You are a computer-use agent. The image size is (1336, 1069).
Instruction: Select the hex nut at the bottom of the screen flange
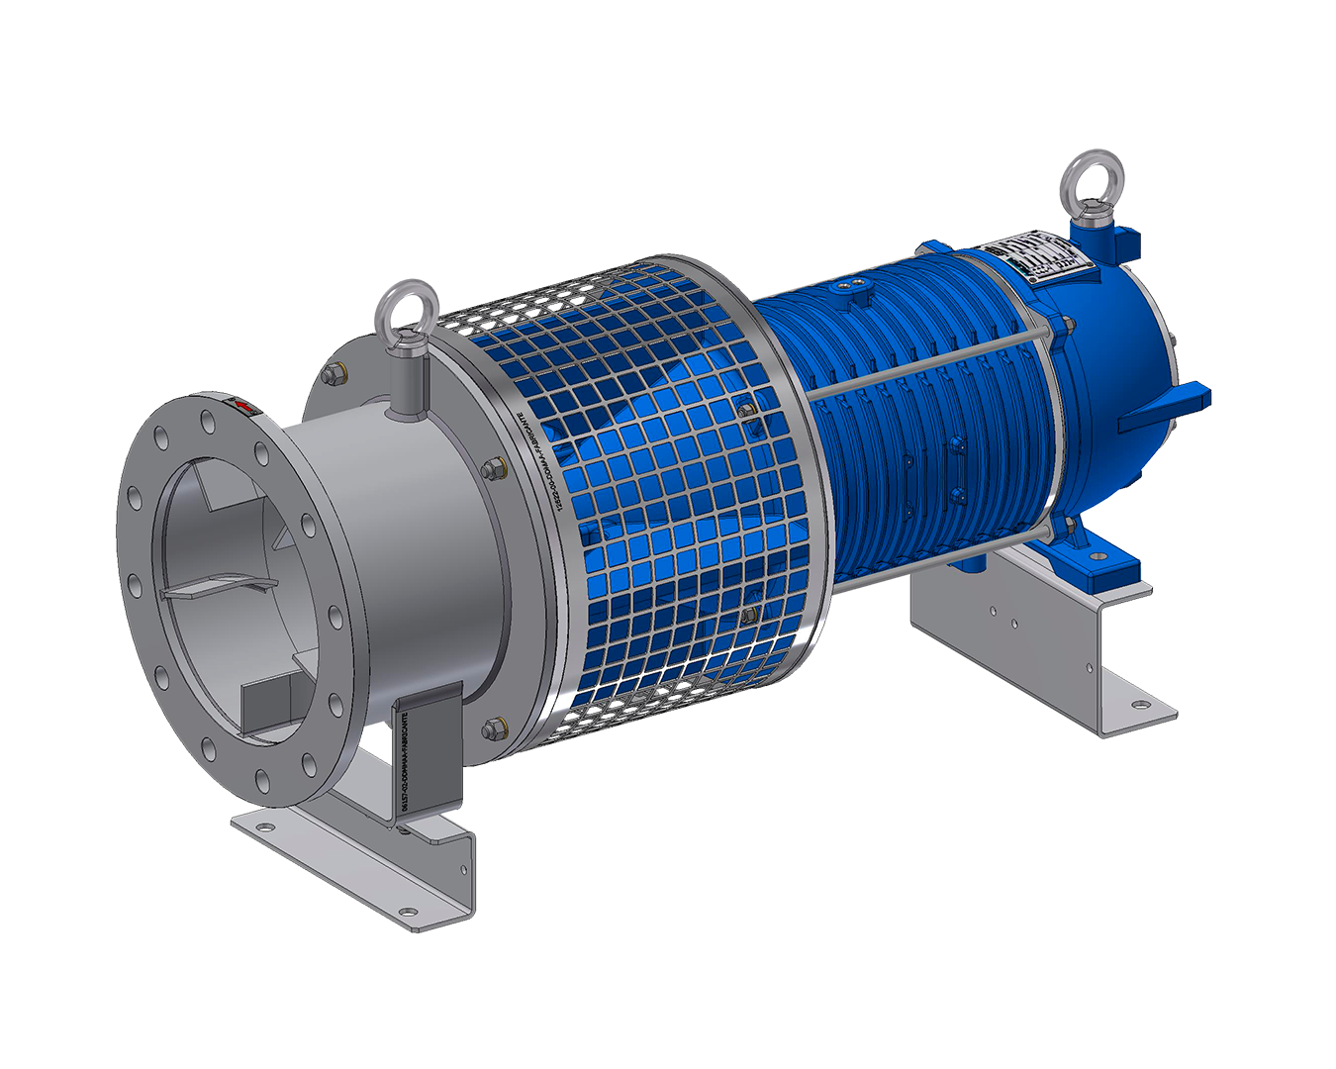point(492,730)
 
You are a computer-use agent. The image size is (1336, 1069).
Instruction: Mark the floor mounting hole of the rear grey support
point(1141,705)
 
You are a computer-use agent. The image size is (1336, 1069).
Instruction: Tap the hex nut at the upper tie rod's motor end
point(1067,328)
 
